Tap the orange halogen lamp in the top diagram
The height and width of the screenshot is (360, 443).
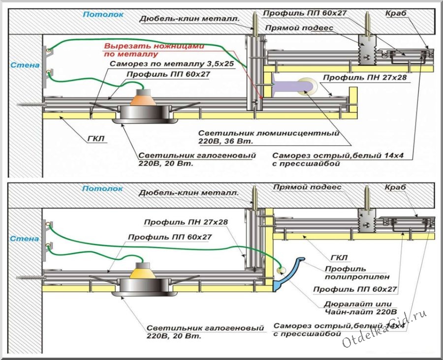[x=142, y=98]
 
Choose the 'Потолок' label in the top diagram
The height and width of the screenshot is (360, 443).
[x=103, y=15]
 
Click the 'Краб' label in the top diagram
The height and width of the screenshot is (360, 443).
[x=397, y=13]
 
